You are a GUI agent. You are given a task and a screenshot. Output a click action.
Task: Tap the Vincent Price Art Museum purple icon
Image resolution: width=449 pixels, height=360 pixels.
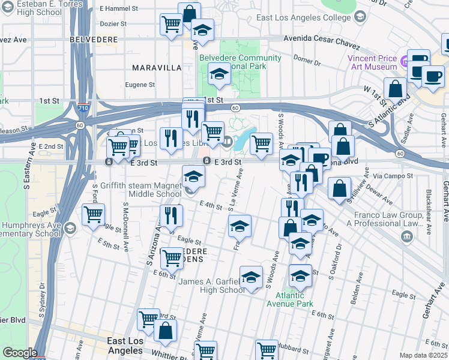point(405,61)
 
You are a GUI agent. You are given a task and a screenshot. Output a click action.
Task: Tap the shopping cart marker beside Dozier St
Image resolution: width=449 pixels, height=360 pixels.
point(171,25)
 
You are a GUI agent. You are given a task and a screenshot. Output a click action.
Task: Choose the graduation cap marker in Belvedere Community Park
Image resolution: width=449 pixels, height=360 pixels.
point(219,75)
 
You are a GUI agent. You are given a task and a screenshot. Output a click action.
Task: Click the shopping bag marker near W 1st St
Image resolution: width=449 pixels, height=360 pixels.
point(396,89)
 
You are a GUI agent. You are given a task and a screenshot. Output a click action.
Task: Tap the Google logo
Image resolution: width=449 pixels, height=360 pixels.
point(20,353)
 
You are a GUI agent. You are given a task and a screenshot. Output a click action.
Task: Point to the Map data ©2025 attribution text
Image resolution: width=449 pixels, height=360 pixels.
point(423,355)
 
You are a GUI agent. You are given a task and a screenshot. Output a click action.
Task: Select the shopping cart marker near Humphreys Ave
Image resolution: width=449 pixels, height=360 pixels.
point(93,215)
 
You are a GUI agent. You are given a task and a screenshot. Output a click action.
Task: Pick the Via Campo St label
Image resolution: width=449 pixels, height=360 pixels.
point(393,176)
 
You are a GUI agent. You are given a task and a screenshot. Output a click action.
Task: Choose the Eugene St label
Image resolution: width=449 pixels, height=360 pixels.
point(140,85)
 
